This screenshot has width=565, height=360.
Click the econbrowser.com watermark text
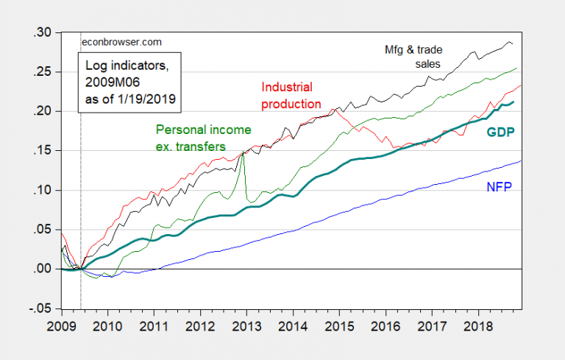tap(113, 42)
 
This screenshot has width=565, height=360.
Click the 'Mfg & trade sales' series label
tap(422, 57)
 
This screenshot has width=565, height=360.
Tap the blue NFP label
tap(499, 187)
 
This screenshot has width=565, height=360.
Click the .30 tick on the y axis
tap(43, 32)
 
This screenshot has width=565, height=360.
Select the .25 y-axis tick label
tap(43, 72)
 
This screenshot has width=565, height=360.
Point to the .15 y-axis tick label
tap(43, 151)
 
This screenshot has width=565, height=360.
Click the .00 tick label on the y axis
tap(43, 269)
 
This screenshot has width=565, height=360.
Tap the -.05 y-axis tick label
tap(41, 308)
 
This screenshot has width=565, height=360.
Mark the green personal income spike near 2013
tap(243, 152)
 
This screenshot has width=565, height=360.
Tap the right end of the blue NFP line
tap(521, 160)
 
